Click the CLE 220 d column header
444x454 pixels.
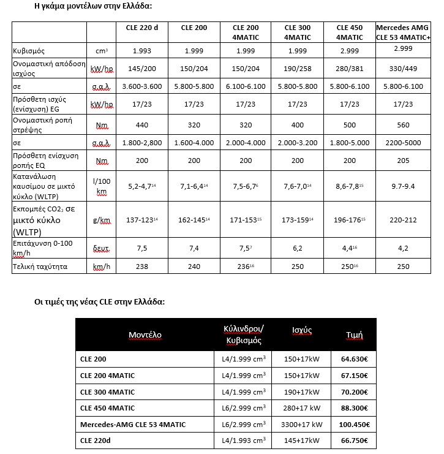(x=140, y=28)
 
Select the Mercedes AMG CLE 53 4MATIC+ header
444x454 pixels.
(x=403, y=32)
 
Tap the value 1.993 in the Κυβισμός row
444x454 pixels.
(x=141, y=51)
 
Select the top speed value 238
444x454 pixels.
(x=141, y=267)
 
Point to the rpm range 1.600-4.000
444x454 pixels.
(x=194, y=143)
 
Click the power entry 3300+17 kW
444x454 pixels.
(x=299, y=424)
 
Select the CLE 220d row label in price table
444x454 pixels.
(x=97, y=441)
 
